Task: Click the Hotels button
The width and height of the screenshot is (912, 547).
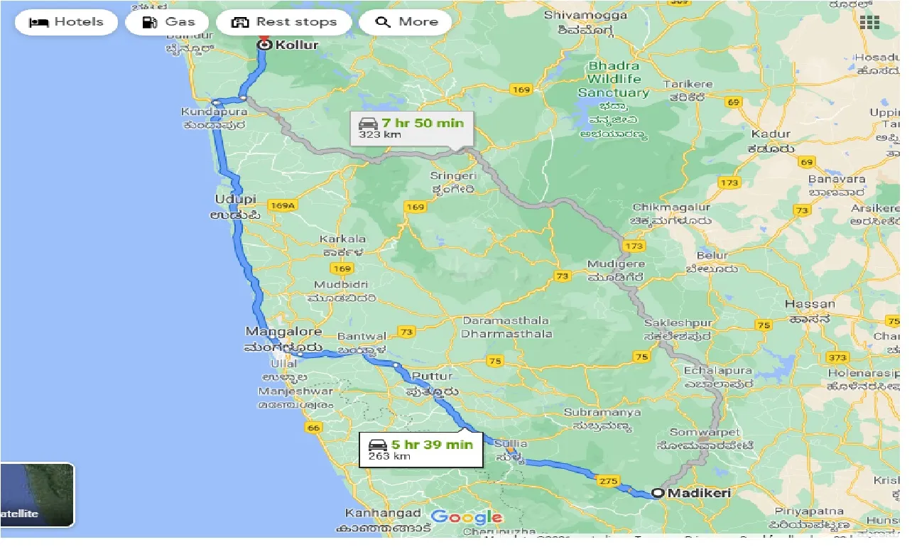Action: [x=66, y=22]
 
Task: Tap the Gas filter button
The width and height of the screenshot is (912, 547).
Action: [x=167, y=22]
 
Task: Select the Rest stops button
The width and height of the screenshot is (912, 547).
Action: [x=284, y=22]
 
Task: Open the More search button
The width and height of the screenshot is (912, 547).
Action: [x=406, y=22]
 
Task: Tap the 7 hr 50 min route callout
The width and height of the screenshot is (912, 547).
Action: [x=412, y=127]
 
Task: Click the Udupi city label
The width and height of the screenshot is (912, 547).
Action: [x=236, y=200]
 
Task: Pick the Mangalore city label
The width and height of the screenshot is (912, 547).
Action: [x=283, y=332]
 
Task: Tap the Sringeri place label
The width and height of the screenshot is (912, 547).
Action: [x=452, y=175]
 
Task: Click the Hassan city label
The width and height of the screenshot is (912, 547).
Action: [x=810, y=304]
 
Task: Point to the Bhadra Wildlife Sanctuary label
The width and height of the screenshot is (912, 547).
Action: [x=613, y=79]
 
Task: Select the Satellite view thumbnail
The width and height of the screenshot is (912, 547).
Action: [x=37, y=495]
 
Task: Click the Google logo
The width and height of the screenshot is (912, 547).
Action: [x=466, y=516]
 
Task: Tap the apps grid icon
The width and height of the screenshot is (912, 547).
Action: [x=869, y=22]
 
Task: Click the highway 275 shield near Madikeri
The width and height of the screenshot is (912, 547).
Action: [x=608, y=481]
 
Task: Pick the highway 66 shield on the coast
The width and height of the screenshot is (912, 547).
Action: [x=313, y=428]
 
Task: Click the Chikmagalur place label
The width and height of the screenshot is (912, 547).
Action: [x=671, y=207]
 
